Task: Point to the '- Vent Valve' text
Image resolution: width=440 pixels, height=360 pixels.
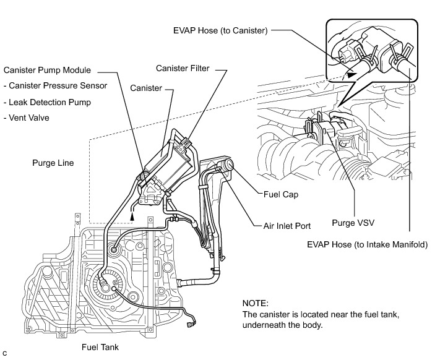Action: (x=28, y=118)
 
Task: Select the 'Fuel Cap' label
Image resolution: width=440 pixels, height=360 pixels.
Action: (x=282, y=194)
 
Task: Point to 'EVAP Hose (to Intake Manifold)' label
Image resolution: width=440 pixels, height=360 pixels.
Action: (x=368, y=244)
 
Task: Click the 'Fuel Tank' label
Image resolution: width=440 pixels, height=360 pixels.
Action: (x=100, y=348)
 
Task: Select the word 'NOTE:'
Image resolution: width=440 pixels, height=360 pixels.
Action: (x=256, y=304)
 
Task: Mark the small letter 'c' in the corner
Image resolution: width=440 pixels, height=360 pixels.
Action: (x=5, y=353)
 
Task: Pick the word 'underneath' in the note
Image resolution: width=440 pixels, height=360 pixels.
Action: (x=265, y=326)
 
